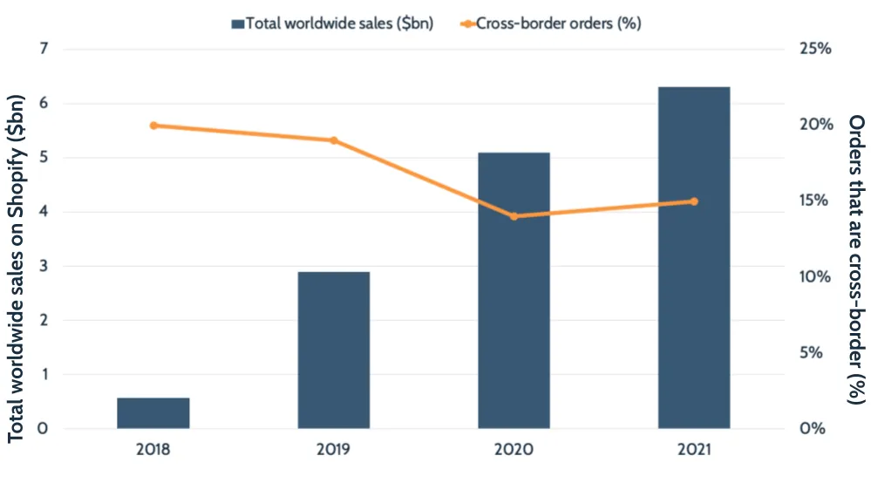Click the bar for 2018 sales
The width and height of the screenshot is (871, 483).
[153, 413]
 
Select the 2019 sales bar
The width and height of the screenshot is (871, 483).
[334, 350]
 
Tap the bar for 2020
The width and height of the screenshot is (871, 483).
[514, 290]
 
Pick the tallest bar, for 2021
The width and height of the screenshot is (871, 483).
[694, 258]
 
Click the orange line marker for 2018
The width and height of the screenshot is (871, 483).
[154, 126]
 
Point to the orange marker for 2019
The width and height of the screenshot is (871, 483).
[334, 140]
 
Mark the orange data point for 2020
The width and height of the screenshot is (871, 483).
[514, 216]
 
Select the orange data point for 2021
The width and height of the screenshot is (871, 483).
[694, 201]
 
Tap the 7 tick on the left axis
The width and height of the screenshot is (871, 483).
[43, 49]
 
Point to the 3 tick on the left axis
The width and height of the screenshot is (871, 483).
[43, 266]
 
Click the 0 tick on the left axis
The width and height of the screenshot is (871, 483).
[43, 429]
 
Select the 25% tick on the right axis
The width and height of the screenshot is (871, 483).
[815, 49]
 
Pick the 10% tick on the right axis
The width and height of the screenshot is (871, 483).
[815, 276]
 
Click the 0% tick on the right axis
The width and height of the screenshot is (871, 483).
[815, 429]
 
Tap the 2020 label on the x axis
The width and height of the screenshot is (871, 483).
[514, 451]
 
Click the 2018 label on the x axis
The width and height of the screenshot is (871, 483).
[153, 451]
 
